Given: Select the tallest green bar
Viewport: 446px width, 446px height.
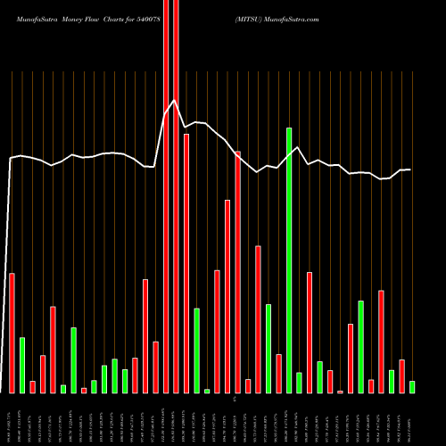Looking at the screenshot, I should coord(289,260).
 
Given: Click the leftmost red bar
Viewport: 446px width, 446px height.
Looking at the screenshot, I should coord(12,333).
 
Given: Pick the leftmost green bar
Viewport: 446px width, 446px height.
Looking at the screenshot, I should coord(22,365).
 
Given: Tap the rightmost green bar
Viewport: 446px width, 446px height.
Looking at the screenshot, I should coord(412,387).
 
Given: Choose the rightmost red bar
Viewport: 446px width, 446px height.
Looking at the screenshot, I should coord(401,376).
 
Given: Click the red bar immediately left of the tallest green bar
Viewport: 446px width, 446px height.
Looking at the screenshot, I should coord(278,373).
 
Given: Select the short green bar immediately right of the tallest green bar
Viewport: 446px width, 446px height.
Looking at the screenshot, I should coord(299,383).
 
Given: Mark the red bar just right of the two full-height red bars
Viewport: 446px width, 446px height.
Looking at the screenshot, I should coord(186,263).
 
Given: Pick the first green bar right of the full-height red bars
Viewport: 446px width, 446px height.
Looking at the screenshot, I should coord(196,351).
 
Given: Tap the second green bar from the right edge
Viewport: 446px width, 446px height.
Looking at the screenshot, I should coord(392,381).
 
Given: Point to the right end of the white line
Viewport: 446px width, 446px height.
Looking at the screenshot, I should coord(409,169).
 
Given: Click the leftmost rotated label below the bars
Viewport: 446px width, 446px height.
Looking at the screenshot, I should coord(12,419).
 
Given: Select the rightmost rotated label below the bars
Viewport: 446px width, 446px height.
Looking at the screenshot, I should coord(412,419).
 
